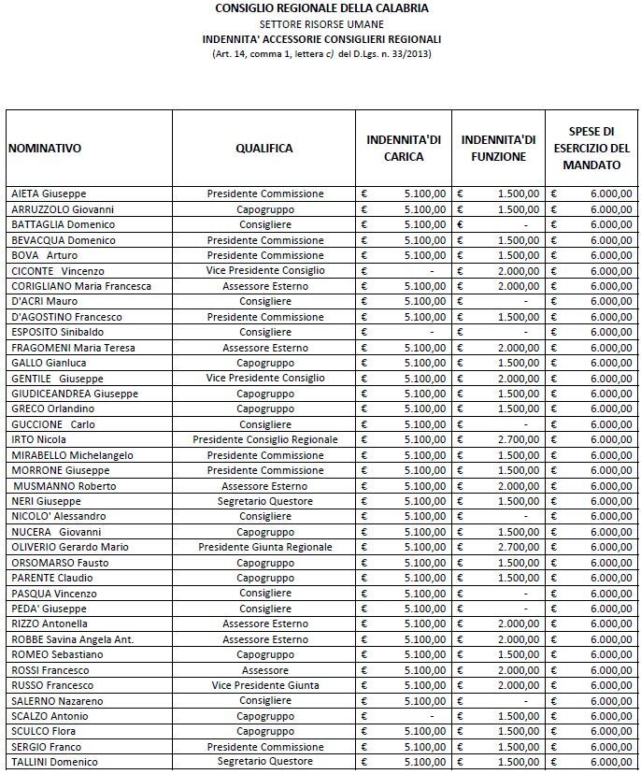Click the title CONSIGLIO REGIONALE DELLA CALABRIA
point(321,8)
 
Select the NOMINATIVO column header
point(45,149)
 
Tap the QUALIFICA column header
point(264,149)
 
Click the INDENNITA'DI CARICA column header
point(404,149)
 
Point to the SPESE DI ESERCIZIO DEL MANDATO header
point(591,149)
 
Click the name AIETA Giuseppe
point(49,193)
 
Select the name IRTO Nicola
point(38,439)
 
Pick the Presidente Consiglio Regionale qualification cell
point(264,439)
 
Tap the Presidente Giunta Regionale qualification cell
point(264,547)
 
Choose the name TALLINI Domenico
point(54,762)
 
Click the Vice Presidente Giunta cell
point(264,685)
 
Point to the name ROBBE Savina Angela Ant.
point(72,639)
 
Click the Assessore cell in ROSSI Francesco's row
point(264,670)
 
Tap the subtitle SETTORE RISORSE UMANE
point(321,23)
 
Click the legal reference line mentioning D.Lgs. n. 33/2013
point(321,53)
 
